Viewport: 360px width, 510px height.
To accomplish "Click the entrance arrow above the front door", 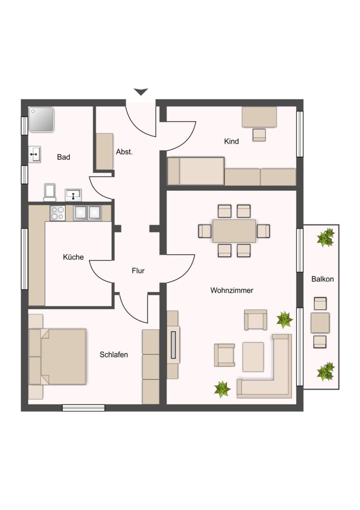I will pos(141,92).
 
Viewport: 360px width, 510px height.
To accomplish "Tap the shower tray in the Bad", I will pos(41,119).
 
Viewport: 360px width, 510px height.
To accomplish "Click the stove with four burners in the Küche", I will pos(58,213).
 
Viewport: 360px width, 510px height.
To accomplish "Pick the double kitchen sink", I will pos(87,213).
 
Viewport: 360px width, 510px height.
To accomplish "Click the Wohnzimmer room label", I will pos(232,290).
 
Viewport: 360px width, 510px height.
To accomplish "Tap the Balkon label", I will pos(322,279).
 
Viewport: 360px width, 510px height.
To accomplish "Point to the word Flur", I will pos(138,271).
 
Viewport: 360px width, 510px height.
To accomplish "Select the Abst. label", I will pos(125,152).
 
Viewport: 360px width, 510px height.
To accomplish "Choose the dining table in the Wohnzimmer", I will pos(234,231).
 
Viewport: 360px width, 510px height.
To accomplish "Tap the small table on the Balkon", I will pos(320,323).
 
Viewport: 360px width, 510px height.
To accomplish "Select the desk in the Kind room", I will pos(259,117).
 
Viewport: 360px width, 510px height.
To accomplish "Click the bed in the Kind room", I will pos(196,171).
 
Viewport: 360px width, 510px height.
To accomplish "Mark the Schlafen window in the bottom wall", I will pos(84,408).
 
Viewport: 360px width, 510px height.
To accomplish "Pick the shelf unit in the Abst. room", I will pos(105,151).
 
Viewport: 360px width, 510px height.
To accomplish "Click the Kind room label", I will pos(232,141).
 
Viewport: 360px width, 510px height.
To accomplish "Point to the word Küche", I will pos(73,257).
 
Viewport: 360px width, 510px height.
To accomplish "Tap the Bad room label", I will pos(63,157).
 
